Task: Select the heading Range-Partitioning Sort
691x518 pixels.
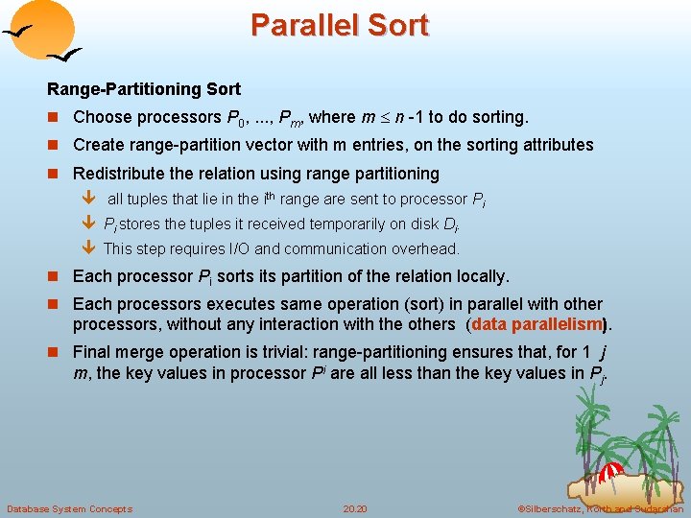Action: tap(144, 89)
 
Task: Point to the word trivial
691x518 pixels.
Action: tap(270, 352)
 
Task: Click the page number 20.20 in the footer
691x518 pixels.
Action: tap(354, 508)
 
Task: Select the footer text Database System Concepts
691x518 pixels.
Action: tap(69, 508)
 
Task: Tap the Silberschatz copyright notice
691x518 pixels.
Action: tap(600, 508)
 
